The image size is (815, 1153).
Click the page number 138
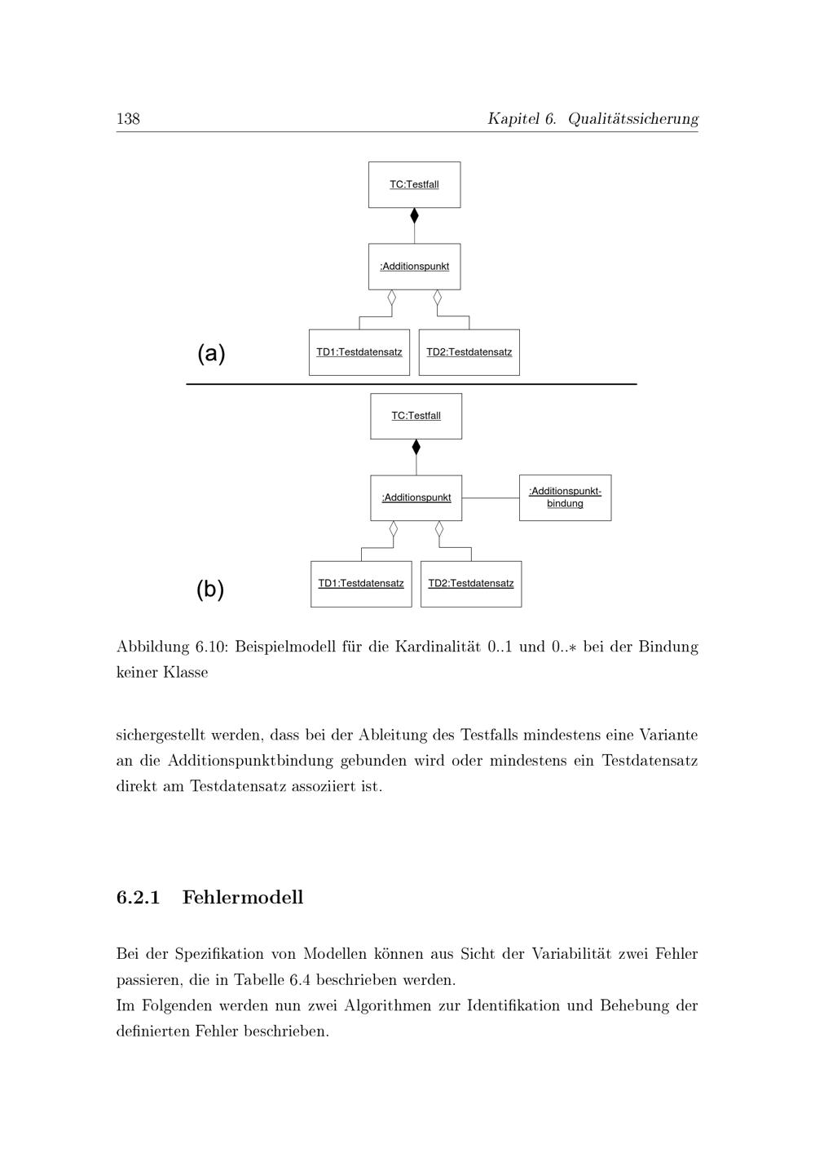click(128, 119)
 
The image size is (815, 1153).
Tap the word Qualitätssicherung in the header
click(632, 119)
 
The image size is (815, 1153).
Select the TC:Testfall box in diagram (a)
click(414, 184)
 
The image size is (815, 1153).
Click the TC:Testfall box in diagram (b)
click(416, 416)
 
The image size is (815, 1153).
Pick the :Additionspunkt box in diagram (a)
click(414, 267)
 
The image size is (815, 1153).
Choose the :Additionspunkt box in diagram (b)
click(416, 497)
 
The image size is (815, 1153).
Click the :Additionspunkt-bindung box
click(565, 497)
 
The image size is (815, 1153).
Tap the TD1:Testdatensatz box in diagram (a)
click(359, 352)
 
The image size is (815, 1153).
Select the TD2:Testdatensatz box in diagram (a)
click(469, 352)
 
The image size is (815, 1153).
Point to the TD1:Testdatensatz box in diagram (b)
click(361, 584)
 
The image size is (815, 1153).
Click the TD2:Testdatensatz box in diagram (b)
click(471, 584)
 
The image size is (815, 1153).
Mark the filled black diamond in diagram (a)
click(414, 216)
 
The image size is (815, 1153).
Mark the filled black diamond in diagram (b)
click(416, 447)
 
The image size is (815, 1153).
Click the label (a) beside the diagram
click(211, 354)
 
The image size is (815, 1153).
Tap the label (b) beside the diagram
click(210, 589)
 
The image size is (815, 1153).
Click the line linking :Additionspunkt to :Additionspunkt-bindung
click(491, 497)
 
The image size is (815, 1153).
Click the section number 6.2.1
click(138, 898)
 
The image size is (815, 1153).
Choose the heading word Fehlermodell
click(243, 898)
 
